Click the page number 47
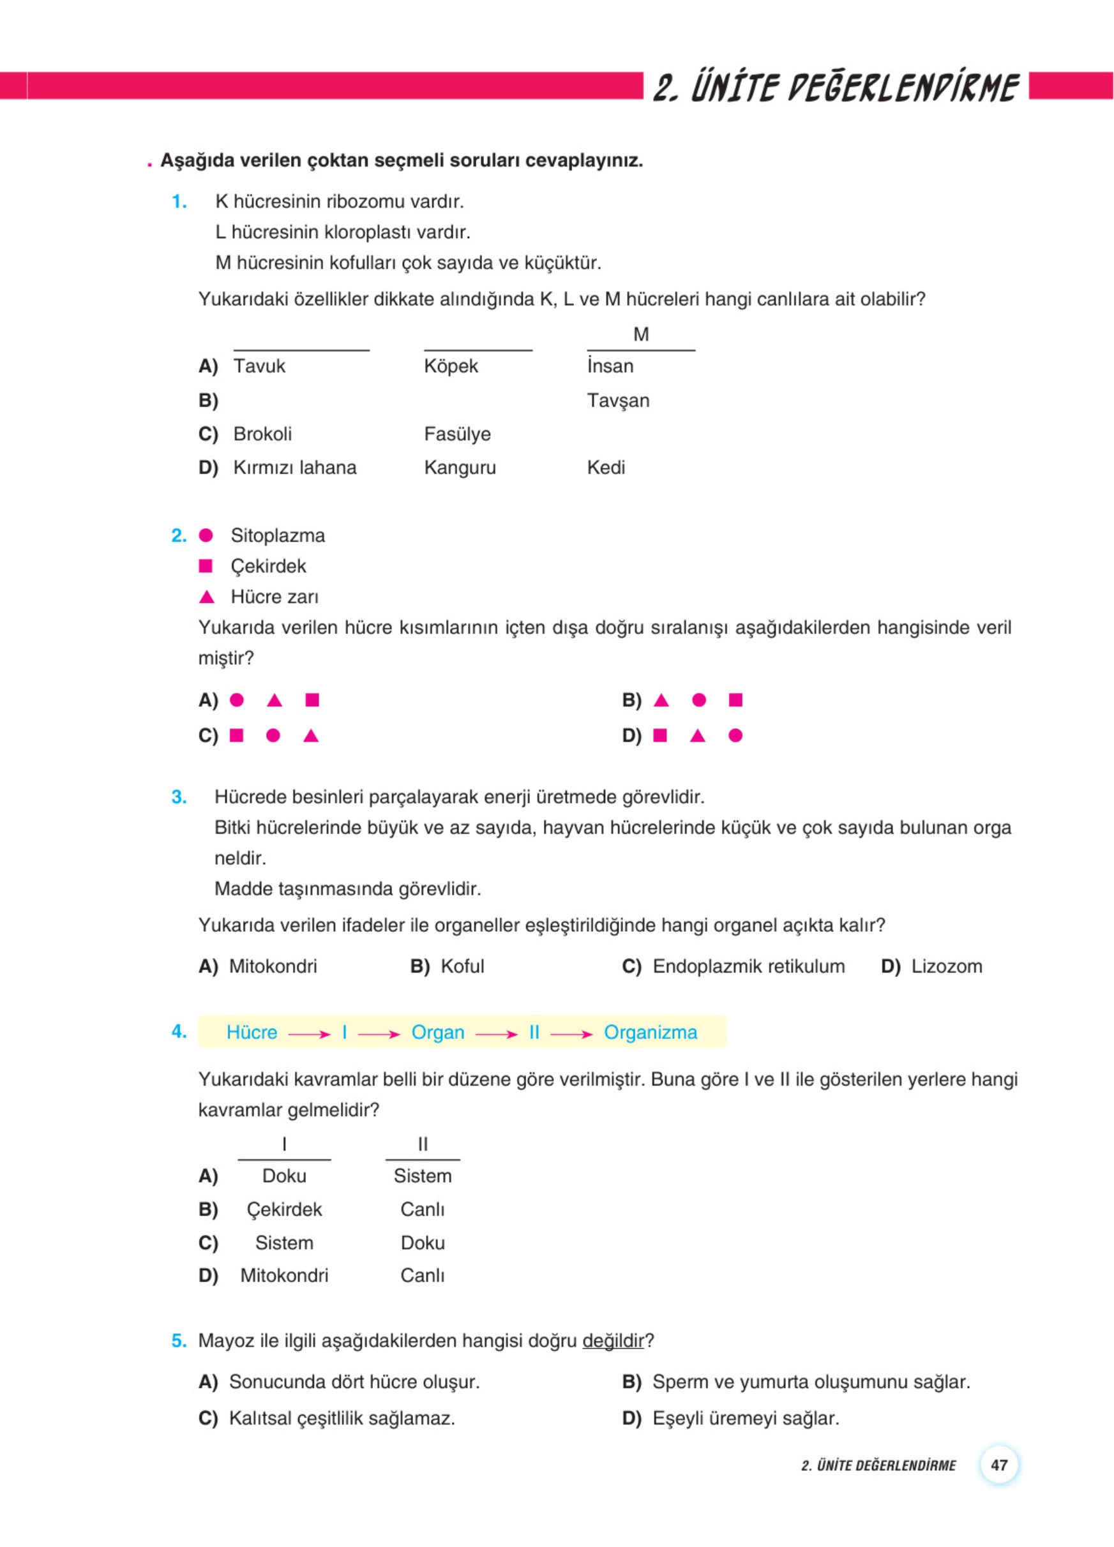tap(998, 1465)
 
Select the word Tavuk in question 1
tap(259, 366)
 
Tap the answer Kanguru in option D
tap(460, 468)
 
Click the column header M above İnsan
tap(640, 334)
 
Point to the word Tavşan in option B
tap(618, 400)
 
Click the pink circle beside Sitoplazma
tap(206, 535)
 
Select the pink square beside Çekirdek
tap(206, 566)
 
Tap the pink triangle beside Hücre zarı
tap(207, 597)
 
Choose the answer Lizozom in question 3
tap(946, 966)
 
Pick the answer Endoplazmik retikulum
tap(748, 966)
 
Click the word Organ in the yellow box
tap(437, 1033)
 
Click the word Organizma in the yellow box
tap(650, 1033)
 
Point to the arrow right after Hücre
tap(309, 1035)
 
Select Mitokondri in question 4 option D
tap(284, 1276)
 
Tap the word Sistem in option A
tap(422, 1176)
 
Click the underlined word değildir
tap(613, 1341)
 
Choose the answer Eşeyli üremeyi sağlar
tap(746, 1419)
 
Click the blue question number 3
tap(179, 797)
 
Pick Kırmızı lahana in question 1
tap(295, 468)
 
